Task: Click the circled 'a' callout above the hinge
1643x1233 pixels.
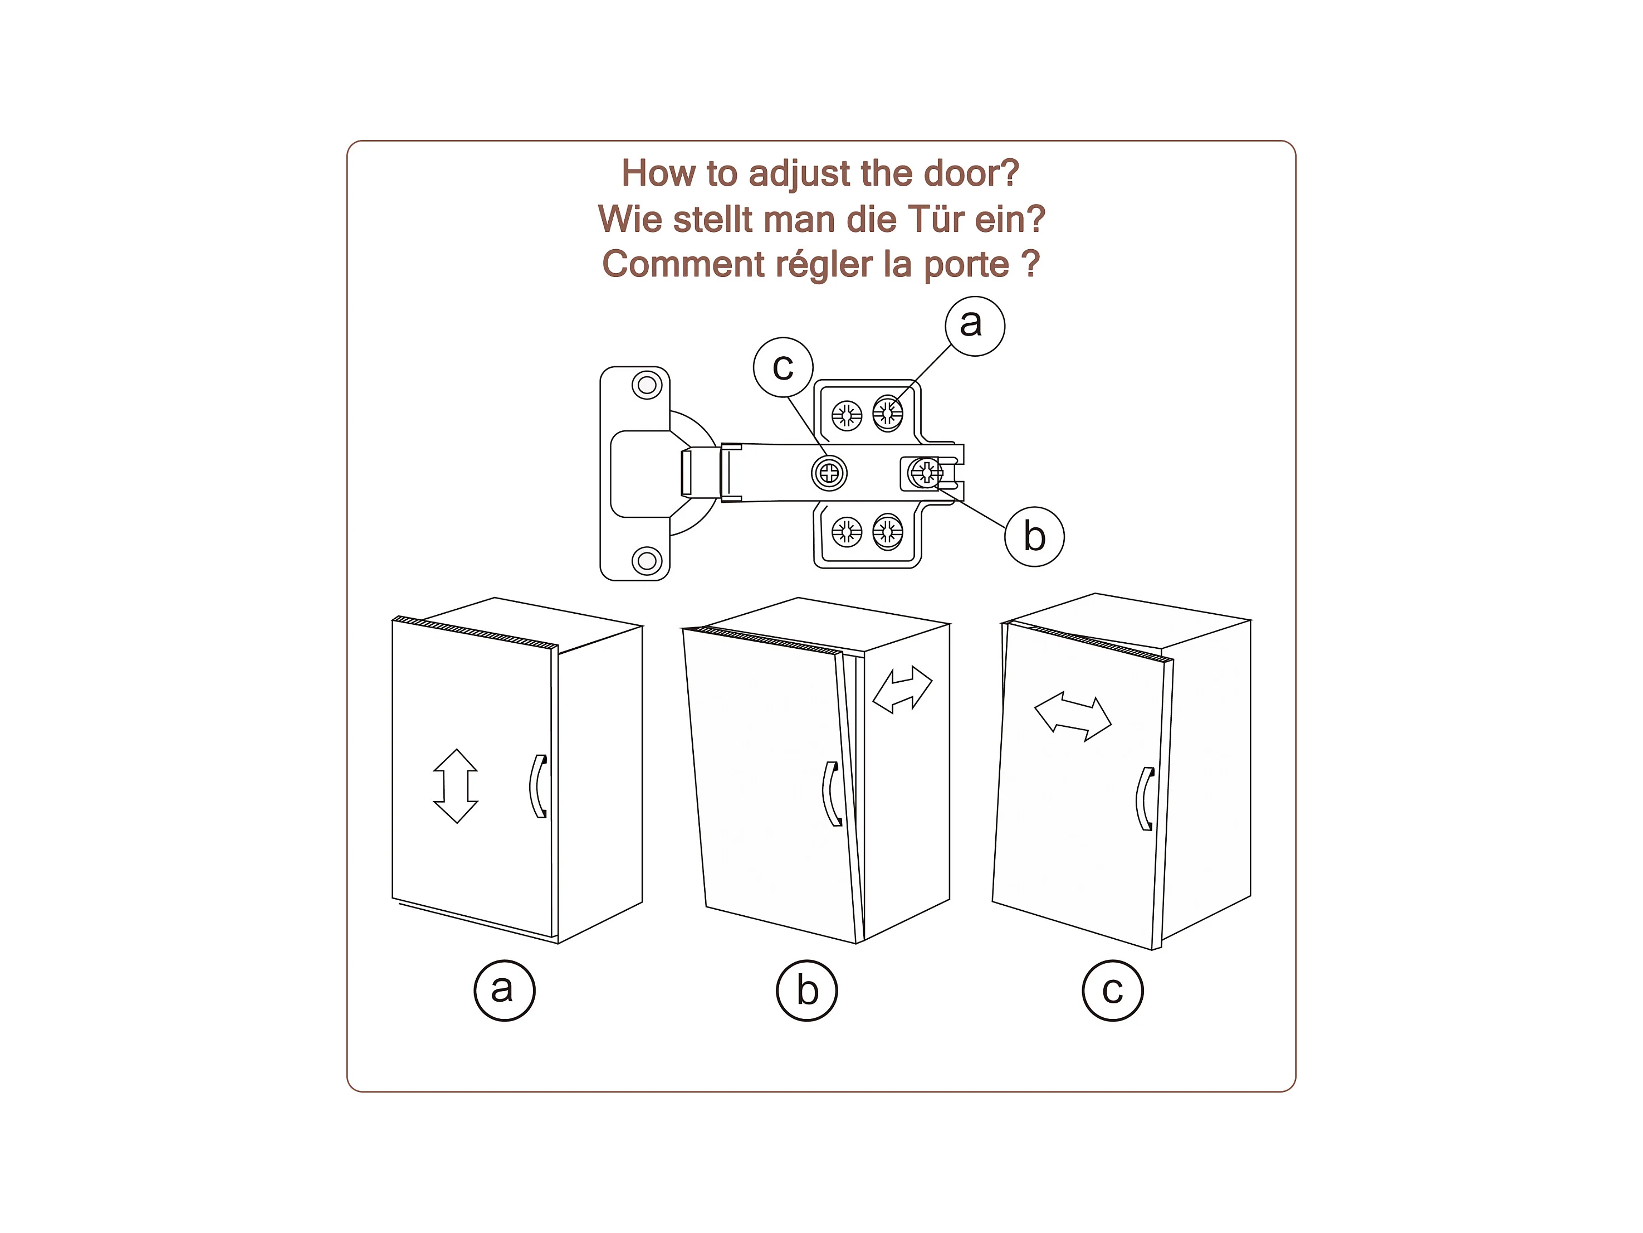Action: coord(975,326)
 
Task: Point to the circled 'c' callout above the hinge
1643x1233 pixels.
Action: coord(783,367)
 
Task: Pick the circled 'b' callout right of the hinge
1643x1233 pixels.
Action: coord(1034,537)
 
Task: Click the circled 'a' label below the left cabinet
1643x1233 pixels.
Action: coord(505,990)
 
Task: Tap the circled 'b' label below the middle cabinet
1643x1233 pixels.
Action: coord(806,990)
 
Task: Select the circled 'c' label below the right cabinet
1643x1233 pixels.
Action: coord(1113,990)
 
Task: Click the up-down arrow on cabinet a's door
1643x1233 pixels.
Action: coord(456,785)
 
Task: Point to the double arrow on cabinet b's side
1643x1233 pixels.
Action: coord(902,690)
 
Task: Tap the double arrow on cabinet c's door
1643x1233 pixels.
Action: coord(1073,716)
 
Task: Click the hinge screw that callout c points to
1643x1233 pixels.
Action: coord(829,473)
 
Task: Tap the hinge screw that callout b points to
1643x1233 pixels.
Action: coord(926,472)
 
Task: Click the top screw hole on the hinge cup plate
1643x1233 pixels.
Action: coord(647,385)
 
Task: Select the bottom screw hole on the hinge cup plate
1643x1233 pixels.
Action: coord(647,560)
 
